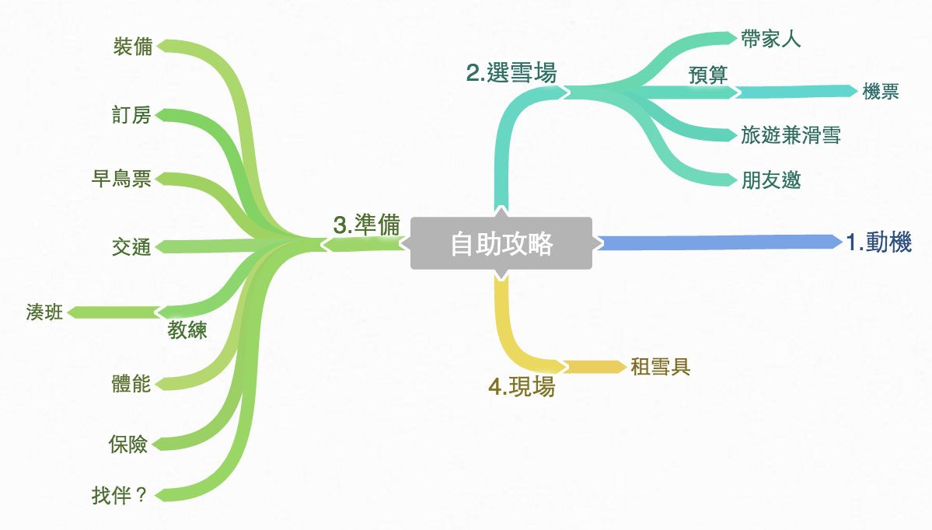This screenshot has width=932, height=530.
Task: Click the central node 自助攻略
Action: coord(501,244)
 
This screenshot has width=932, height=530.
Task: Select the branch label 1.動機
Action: coord(878,242)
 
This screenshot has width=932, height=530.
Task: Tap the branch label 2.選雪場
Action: coord(511,73)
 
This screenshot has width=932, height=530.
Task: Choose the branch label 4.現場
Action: coord(522,386)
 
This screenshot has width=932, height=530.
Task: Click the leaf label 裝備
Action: coord(132,47)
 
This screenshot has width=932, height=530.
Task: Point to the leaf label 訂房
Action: coord(131,116)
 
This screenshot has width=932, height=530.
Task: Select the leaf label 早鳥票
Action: coord(121,180)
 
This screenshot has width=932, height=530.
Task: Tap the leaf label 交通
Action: coord(131,247)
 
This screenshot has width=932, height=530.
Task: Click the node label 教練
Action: coord(187,330)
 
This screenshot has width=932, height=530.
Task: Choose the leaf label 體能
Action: coord(131,383)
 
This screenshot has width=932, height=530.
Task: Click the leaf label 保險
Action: coord(128,445)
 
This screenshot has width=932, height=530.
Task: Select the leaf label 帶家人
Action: coord(770,40)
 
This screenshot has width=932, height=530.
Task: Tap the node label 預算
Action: coord(707,75)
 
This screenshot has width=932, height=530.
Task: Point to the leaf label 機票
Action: coord(881,92)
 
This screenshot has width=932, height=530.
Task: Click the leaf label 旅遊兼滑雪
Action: coord(791,135)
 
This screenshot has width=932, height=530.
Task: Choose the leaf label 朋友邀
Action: coord(770,180)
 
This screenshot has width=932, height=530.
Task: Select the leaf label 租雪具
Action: coord(661,367)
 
